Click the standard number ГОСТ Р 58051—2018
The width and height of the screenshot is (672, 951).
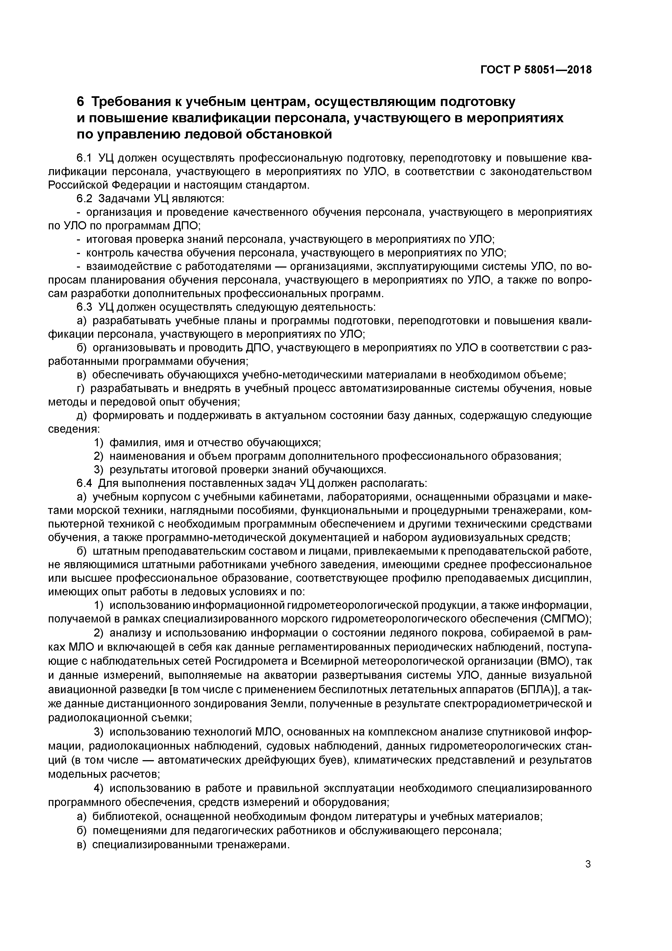click(x=536, y=70)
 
